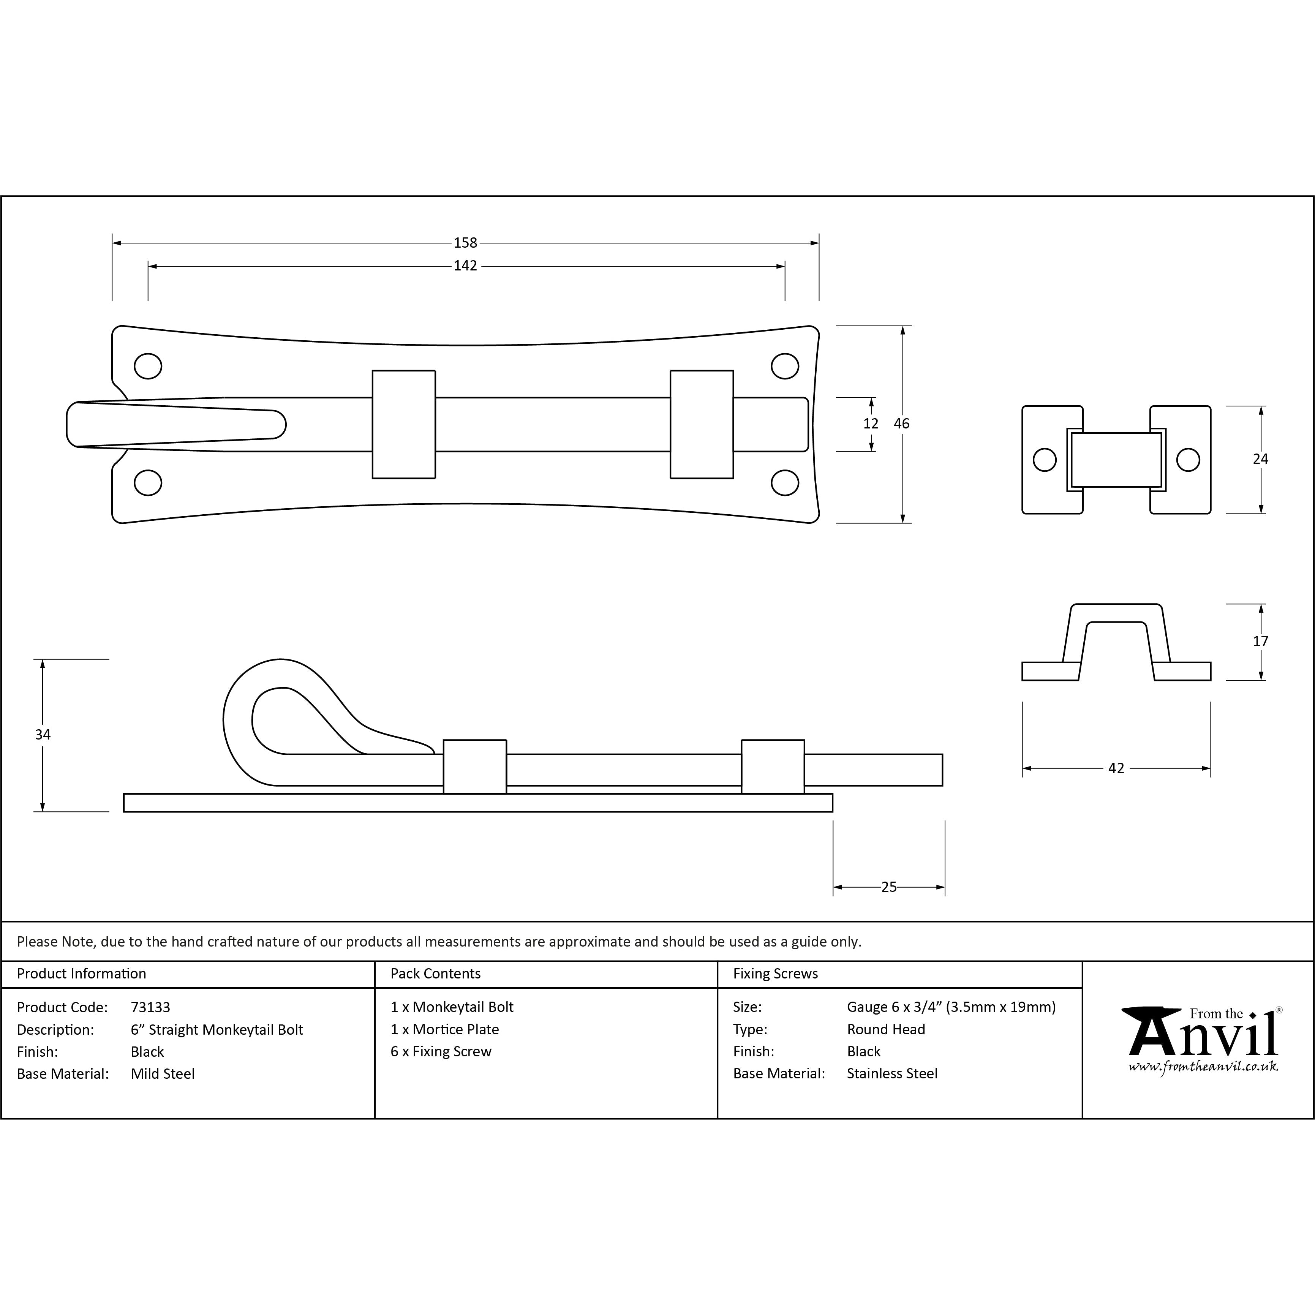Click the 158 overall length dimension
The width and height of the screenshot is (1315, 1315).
click(466, 243)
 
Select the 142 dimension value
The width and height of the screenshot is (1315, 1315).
click(466, 266)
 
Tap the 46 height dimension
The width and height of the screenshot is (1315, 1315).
click(902, 424)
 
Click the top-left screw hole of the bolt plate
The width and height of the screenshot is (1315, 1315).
click(148, 366)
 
